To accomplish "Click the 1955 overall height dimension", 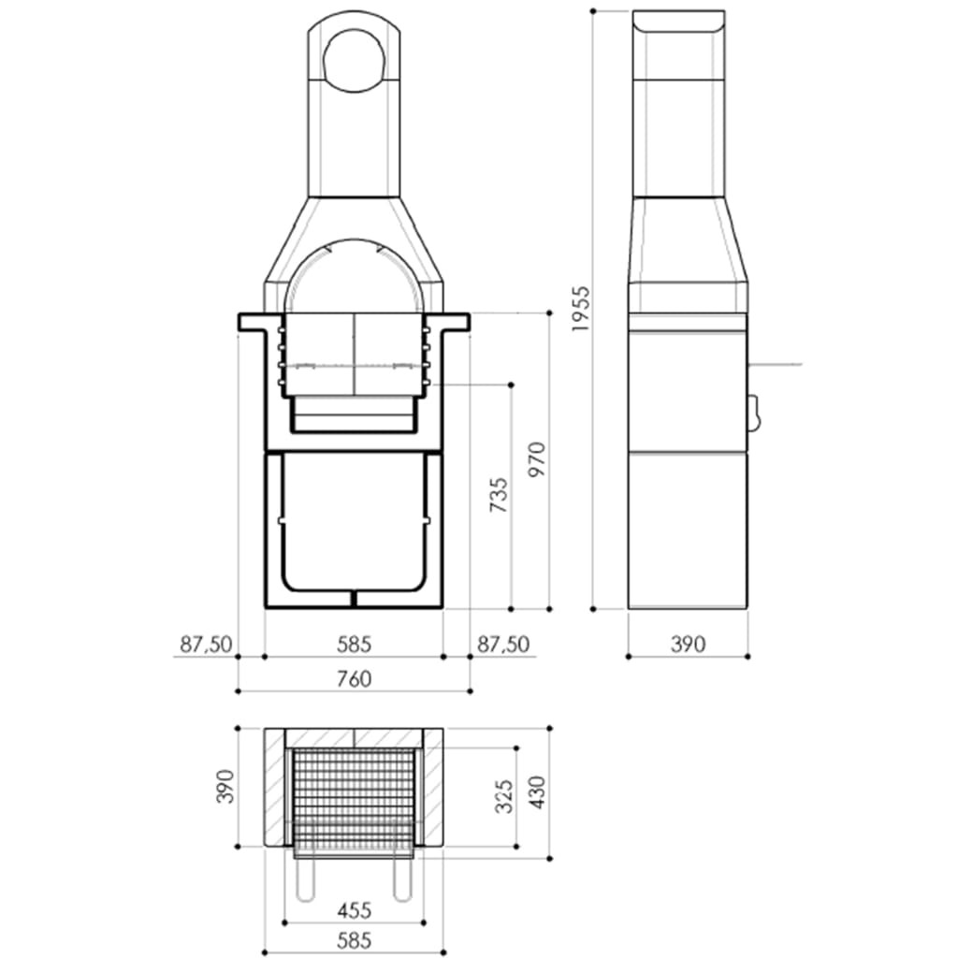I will click(580, 309).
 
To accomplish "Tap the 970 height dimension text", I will click(536, 460).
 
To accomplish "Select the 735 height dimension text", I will click(500, 496).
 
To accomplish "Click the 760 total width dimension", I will click(354, 679).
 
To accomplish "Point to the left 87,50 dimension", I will click(206, 645).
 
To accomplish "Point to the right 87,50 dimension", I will click(503, 645).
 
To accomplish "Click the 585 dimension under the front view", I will click(354, 645).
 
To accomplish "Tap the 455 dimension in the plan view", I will click(354, 909).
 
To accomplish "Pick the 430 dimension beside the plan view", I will click(536, 793).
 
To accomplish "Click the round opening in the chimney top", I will click(354, 60).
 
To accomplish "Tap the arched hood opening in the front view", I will click(354, 281).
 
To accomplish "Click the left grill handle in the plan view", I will click(303, 880).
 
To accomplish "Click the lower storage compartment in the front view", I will click(354, 524).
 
